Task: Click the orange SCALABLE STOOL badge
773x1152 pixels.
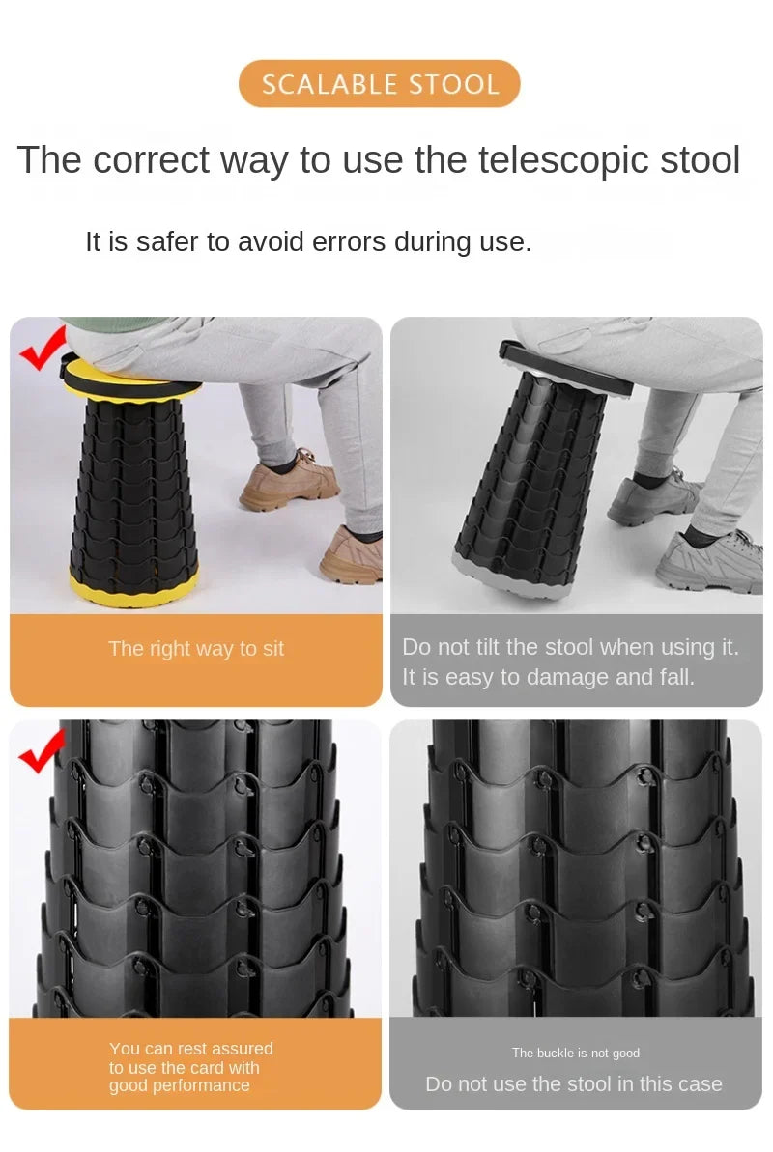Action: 379,84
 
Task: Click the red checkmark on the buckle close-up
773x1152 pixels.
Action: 42,750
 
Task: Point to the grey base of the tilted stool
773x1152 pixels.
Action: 510,576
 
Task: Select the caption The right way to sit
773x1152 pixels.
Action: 195,649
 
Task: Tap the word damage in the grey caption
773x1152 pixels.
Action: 566,677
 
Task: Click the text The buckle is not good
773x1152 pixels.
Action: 576,1053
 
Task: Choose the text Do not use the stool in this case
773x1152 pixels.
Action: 574,1083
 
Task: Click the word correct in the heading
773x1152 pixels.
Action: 151,160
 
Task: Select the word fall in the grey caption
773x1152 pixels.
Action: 676,677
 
